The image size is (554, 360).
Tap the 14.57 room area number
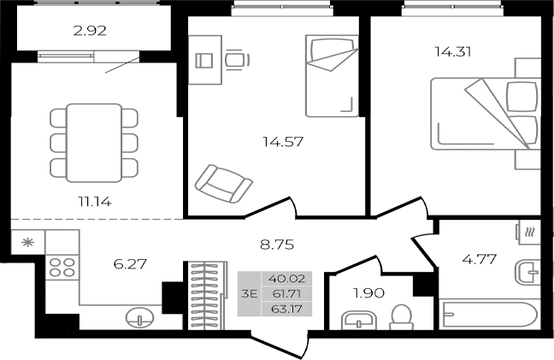pyautogui.click(x=282, y=140)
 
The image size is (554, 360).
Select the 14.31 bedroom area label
pyautogui.click(x=453, y=50)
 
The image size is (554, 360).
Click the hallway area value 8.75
pyautogui.click(x=278, y=244)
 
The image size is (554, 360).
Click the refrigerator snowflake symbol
pyautogui.click(x=27, y=242)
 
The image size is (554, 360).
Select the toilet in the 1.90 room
pyautogui.click(x=398, y=319)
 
